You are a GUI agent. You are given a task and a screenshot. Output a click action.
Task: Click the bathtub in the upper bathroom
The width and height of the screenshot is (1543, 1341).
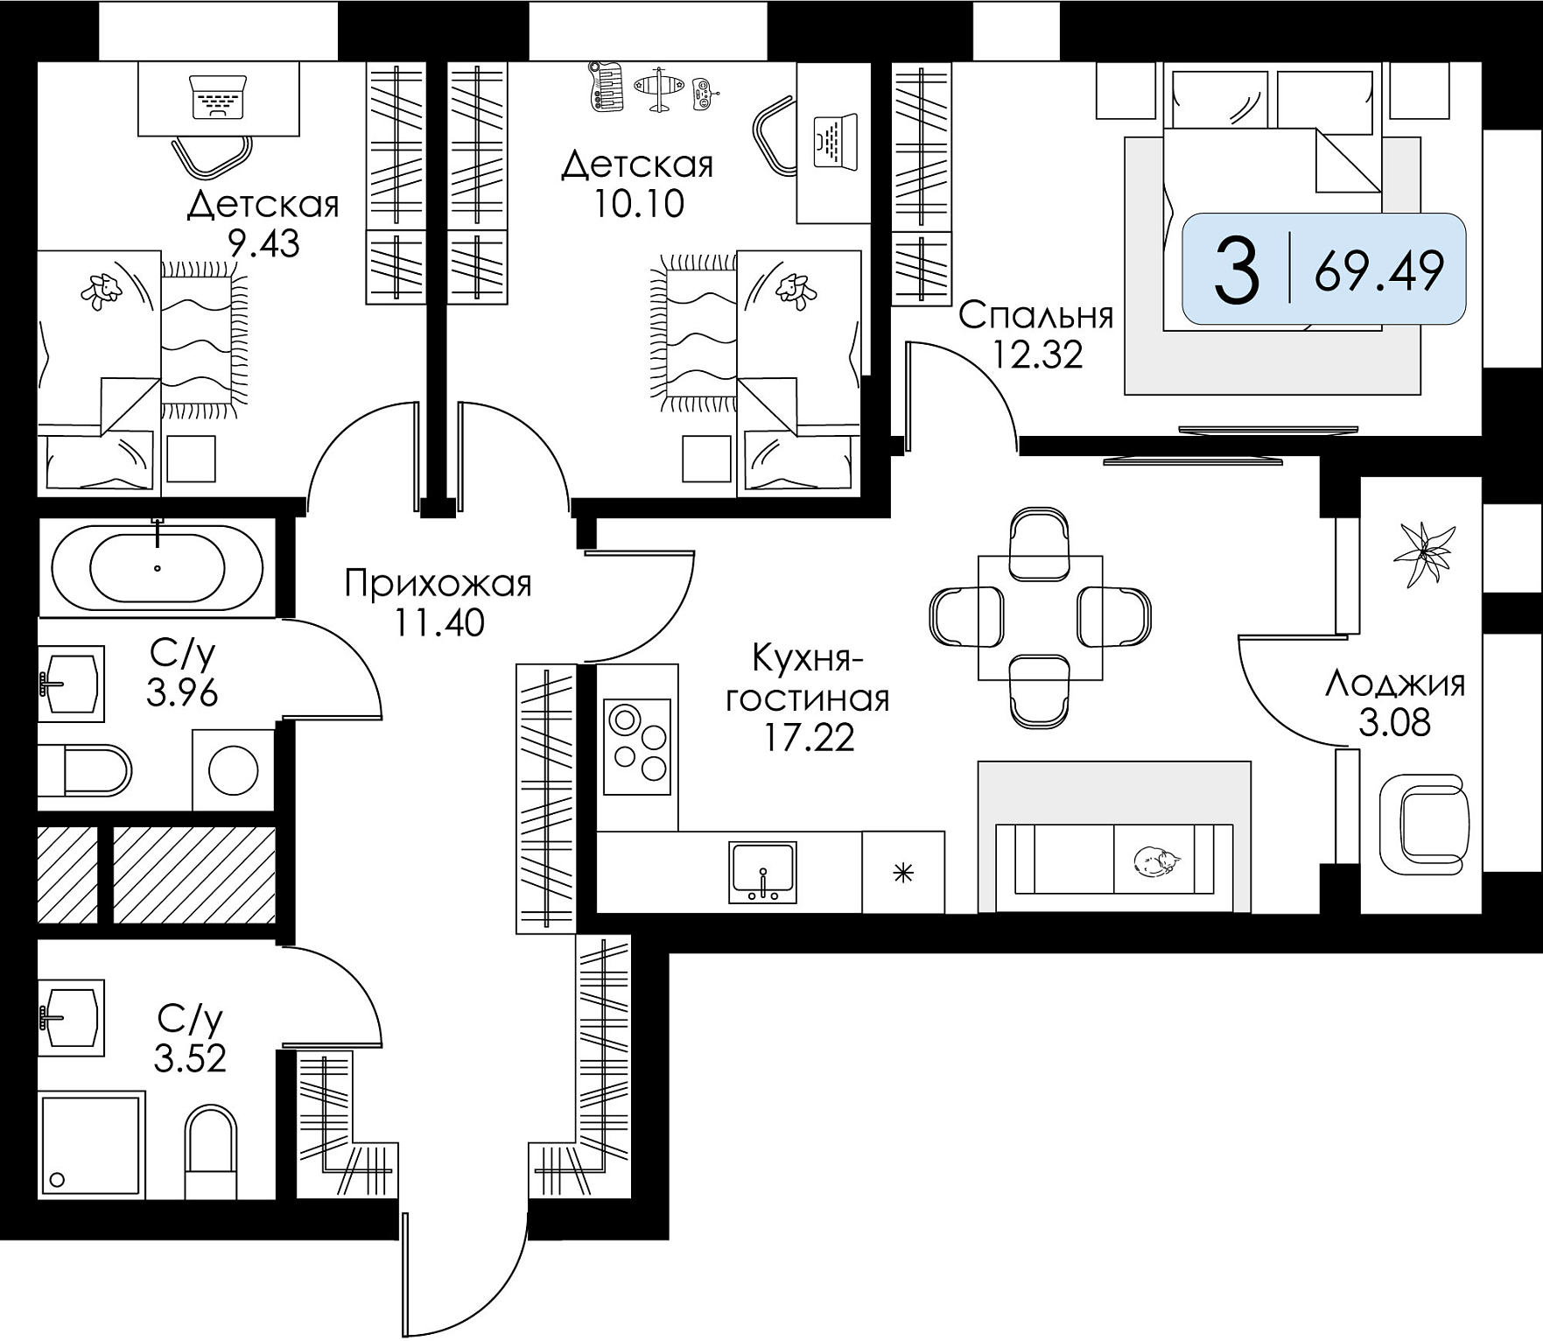click(x=157, y=567)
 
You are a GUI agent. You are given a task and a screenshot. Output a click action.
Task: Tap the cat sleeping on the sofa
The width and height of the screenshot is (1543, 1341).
click(x=1155, y=861)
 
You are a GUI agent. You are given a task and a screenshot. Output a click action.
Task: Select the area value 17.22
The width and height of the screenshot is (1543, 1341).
click(x=809, y=738)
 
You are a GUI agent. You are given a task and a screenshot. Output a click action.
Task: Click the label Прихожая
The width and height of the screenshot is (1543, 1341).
click(x=438, y=584)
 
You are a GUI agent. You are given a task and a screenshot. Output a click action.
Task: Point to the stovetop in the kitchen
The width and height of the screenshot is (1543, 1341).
click(x=638, y=747)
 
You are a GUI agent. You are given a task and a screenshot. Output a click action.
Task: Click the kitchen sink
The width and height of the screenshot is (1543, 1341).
click(x=763, y=872)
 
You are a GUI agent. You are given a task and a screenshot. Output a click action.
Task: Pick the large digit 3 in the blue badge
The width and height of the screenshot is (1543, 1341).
click(x=1237, y=270)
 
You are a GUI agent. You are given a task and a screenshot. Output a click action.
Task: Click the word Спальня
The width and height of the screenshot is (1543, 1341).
click(x=1036, y=316)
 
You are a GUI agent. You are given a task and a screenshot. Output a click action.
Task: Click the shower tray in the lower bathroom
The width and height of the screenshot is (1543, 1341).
click(x=91, y=1146)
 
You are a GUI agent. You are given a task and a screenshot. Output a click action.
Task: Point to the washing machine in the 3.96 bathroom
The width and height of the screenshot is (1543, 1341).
click(x=233, y=769)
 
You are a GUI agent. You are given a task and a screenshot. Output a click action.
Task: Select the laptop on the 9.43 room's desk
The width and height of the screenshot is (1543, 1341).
click(x=218, y=97)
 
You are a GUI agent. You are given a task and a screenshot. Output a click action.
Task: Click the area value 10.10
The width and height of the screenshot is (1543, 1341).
click(x=639, y=204)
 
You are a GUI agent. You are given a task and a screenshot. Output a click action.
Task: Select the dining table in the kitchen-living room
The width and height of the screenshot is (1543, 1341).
click(x=1040, y=617)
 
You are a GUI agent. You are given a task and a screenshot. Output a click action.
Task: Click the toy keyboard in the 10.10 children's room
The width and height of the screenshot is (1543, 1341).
click(x=607, y=87)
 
